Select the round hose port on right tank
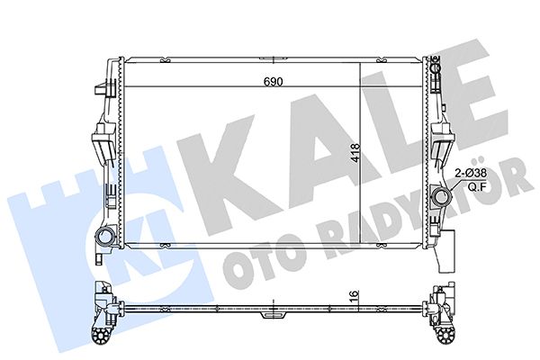pos(442,197)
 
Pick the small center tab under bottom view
pos(270,317)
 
